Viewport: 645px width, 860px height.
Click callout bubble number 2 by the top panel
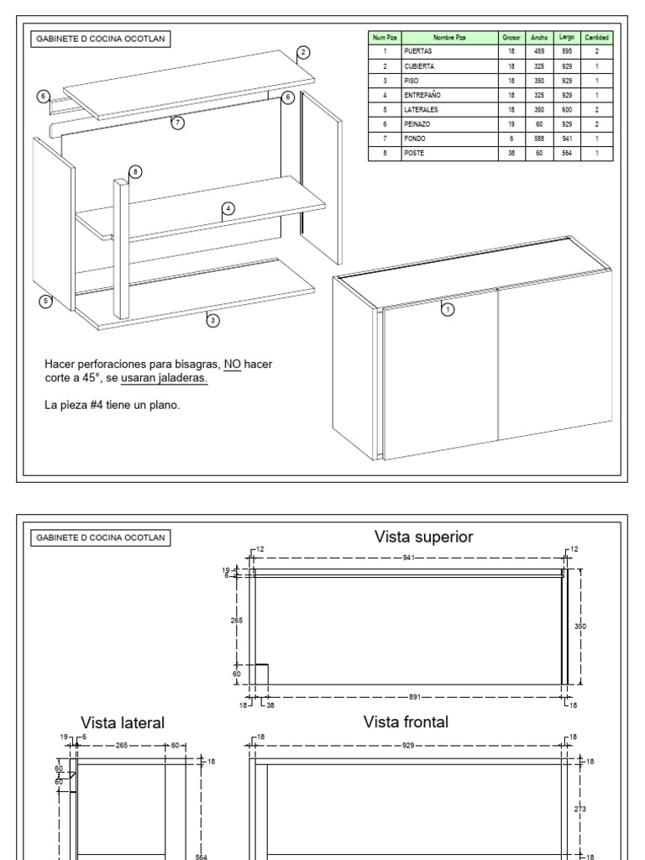(x=303, y=53)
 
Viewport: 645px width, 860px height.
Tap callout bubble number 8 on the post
(x=135, y=171)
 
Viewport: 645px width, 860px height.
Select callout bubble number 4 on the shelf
(x=228, y=208)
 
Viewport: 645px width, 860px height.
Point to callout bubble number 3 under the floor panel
(x=212, y=320)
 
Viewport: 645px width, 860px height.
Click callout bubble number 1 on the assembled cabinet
(x=448, y=309)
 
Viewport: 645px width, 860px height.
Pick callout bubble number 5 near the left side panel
(x=45, y=301)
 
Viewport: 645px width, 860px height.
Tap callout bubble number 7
(x=178, y=123)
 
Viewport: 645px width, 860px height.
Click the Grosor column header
(x=511, y=37)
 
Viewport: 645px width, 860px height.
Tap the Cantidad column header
(x=596, y=37)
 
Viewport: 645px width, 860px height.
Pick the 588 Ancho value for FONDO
(x=539, y=139)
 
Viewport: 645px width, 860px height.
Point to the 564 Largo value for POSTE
(x=567, y=153)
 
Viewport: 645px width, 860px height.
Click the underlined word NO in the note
(x=233, y=364)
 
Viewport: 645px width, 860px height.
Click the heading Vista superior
(x=423, y=537)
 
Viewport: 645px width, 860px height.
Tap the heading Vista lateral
(x=123, y=722)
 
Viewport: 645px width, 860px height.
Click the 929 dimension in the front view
(x=407, y=746)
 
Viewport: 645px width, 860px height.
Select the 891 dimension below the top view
(x=415, y=697)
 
